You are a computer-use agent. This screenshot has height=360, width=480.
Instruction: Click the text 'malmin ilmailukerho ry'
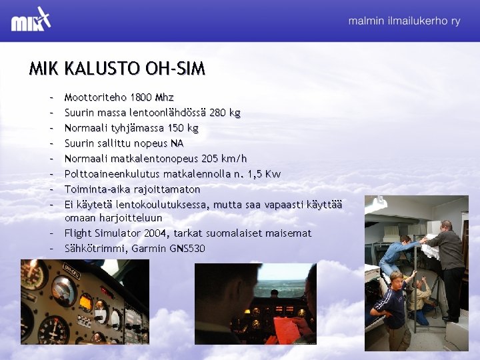pyautogui.click(x=404, y=21)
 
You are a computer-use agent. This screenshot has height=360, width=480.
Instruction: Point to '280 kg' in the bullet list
pyautogui.click(x=225, y=113)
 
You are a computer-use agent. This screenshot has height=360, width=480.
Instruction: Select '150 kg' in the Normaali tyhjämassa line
pyautogui.click(x=183, y=128)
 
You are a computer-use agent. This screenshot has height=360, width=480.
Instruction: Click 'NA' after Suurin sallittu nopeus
pyautogui.click(x=177, y=143)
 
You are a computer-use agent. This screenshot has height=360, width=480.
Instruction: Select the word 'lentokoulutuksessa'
pyautogui.click(x=161, y=205)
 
